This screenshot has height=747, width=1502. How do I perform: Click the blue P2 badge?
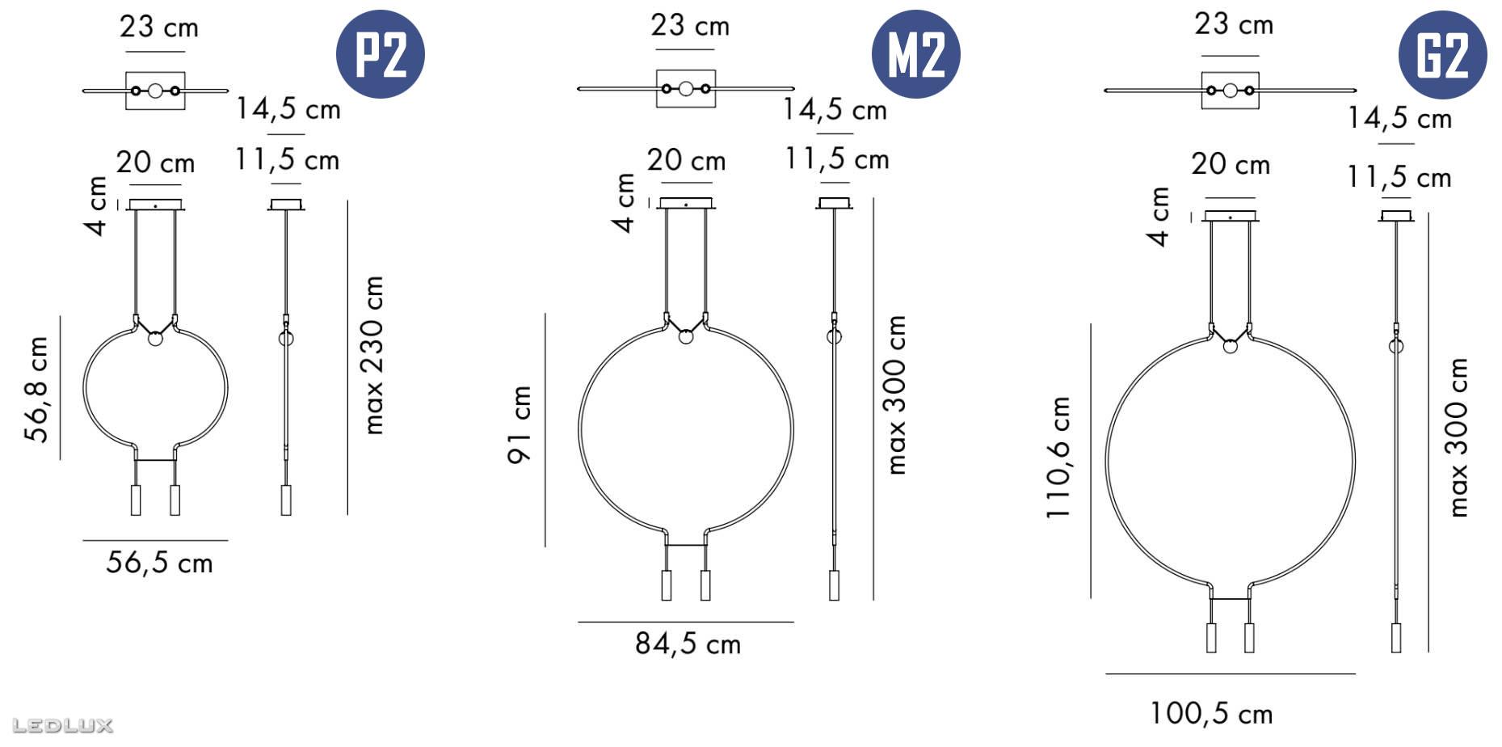point(380,54)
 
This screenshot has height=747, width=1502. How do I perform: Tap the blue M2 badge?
point(915,54)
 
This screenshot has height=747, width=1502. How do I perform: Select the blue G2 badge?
point(1442,54)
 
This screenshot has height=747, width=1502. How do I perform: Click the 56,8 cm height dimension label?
point(37,390)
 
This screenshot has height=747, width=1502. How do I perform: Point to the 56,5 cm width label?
point(159,563)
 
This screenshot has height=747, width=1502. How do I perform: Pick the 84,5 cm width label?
point(688,644)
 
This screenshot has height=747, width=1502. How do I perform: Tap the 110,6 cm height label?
point(1058,458)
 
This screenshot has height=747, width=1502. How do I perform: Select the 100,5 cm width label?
point(1211,713)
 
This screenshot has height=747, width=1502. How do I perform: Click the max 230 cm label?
point(373,355)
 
